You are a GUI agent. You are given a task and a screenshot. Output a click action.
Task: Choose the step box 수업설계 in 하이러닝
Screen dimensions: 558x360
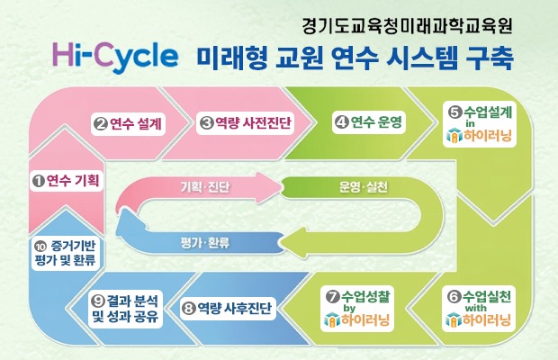click(480, 125)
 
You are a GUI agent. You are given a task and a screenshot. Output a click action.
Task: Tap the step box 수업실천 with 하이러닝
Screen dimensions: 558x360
click(480, 308)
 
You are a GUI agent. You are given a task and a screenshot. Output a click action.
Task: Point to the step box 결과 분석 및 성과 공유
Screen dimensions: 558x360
click(127, 308)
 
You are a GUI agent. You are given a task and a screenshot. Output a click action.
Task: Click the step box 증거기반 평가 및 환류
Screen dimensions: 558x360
click(65, 252)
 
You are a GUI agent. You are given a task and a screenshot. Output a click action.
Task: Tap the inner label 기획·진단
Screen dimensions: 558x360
click(204, 188)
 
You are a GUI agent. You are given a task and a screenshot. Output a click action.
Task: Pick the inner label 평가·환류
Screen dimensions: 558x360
click(204, 242)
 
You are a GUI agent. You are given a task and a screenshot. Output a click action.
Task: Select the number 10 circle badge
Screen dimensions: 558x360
click(40, 245)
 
